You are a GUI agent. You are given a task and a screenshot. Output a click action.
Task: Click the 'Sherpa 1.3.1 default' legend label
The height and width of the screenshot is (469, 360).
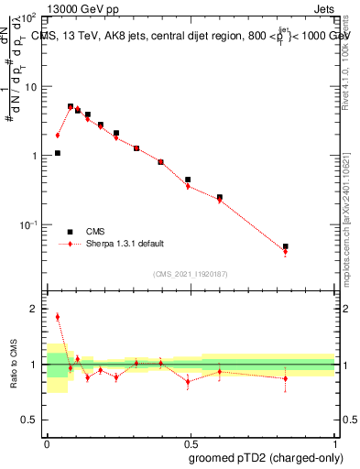(x=125, y=244)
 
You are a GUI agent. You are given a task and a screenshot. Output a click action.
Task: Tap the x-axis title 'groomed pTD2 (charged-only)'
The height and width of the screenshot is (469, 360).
(x=267, y=457)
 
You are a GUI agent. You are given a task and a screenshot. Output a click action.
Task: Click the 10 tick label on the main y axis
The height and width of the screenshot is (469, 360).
(x=30, y=87)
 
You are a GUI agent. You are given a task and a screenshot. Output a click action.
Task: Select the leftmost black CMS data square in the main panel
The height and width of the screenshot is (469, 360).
(x=58, y=153)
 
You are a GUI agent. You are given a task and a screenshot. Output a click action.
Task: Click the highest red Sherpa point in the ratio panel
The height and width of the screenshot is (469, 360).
(x=58, y=317)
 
